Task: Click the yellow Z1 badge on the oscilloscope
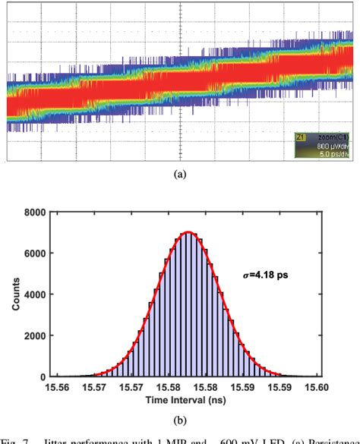click(x=300, y=137)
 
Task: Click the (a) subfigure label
click(x=181, y=174)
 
